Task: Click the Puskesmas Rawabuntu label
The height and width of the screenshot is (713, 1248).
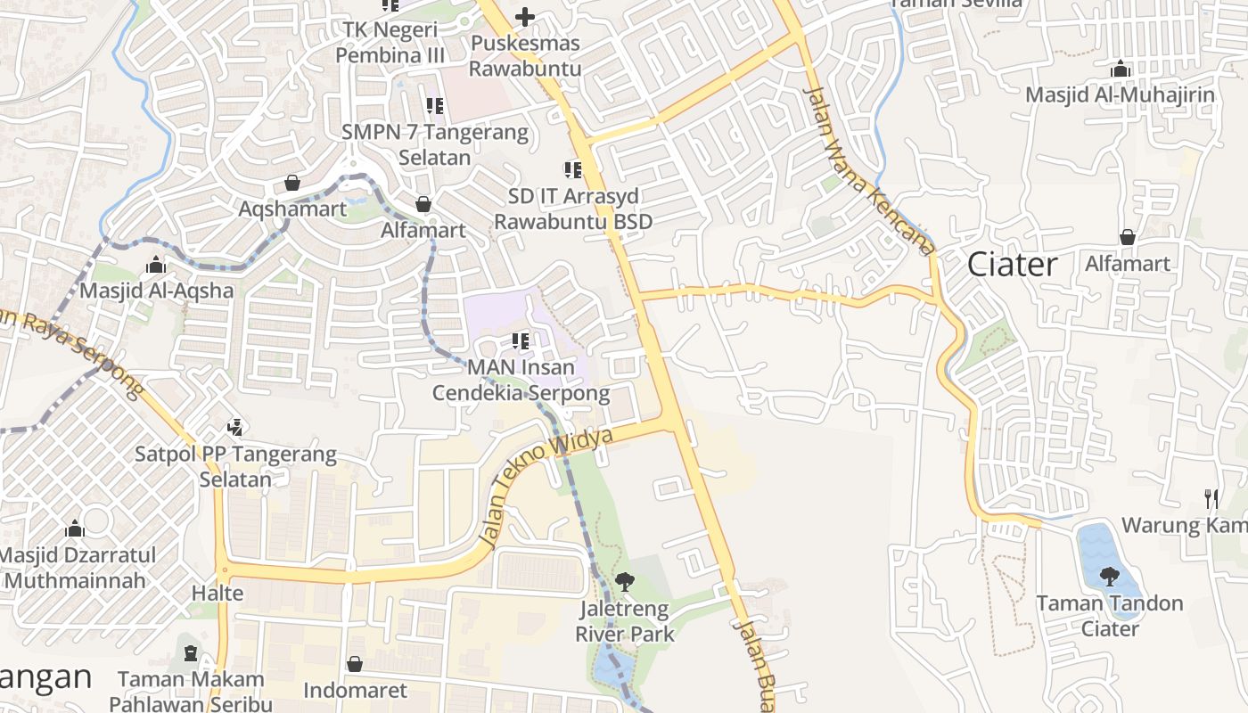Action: (525, 55)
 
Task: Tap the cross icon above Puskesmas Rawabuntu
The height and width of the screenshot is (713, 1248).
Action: (525, 16)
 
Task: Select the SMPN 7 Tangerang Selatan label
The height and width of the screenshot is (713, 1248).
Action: (435, 144)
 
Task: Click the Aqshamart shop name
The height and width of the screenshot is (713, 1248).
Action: (292, 209)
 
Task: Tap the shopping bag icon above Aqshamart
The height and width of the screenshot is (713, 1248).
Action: (292, 184)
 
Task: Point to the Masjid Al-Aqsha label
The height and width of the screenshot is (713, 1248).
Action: (157, 291)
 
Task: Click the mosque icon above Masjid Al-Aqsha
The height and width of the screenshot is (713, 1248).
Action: (156, 266)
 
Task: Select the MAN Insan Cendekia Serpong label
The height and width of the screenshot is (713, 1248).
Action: (521, 380)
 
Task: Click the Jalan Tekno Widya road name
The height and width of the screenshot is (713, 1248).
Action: (546, 487)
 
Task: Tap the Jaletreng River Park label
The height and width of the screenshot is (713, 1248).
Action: (625, 622)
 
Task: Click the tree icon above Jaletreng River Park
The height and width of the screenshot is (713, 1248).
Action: (625, 582)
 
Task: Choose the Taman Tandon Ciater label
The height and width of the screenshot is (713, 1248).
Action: (1109, 616)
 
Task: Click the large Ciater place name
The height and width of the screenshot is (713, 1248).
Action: (1013, 264)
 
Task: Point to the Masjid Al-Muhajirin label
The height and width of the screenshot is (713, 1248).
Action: (1120, 94)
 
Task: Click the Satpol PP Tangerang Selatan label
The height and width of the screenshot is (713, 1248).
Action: (235, 466)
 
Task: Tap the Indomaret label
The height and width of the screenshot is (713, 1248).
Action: (355, 691)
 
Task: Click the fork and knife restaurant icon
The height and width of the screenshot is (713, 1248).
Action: (1211, 498)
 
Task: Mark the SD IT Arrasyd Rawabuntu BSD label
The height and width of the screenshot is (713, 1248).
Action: (573, 209)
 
